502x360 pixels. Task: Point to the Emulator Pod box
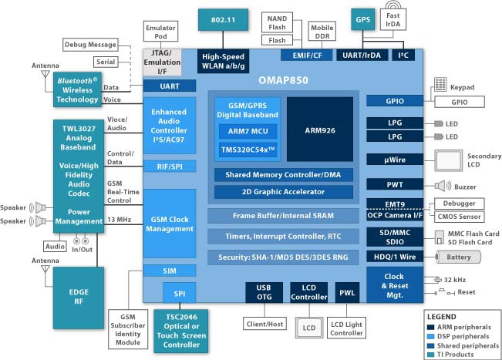160,32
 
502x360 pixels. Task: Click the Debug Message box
89,45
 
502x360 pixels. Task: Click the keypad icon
442,85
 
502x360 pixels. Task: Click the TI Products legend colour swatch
431,353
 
